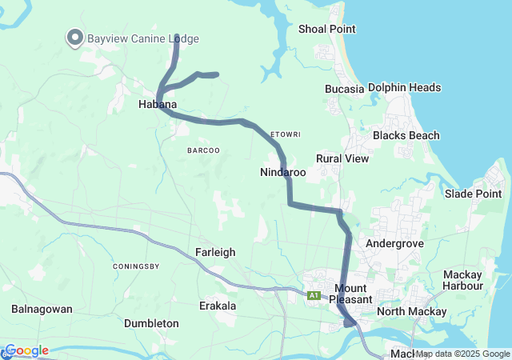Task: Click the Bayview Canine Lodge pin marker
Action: coord(74,38)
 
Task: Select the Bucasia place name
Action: coord(344,89)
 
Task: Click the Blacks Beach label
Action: coord(406,135)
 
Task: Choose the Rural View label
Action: coord(342,158)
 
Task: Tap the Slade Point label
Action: coord(474,194)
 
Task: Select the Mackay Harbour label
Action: coord(462,280)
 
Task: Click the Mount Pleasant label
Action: coord(352,294)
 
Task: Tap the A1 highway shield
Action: coord(314,295)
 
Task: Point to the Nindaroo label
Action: coord(283,172)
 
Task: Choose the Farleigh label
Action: coord(215,252)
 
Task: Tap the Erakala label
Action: coord(218,306)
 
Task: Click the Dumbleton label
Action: coord(151,323)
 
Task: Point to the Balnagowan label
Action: coord(42,309)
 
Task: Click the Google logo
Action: coord(26,350)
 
